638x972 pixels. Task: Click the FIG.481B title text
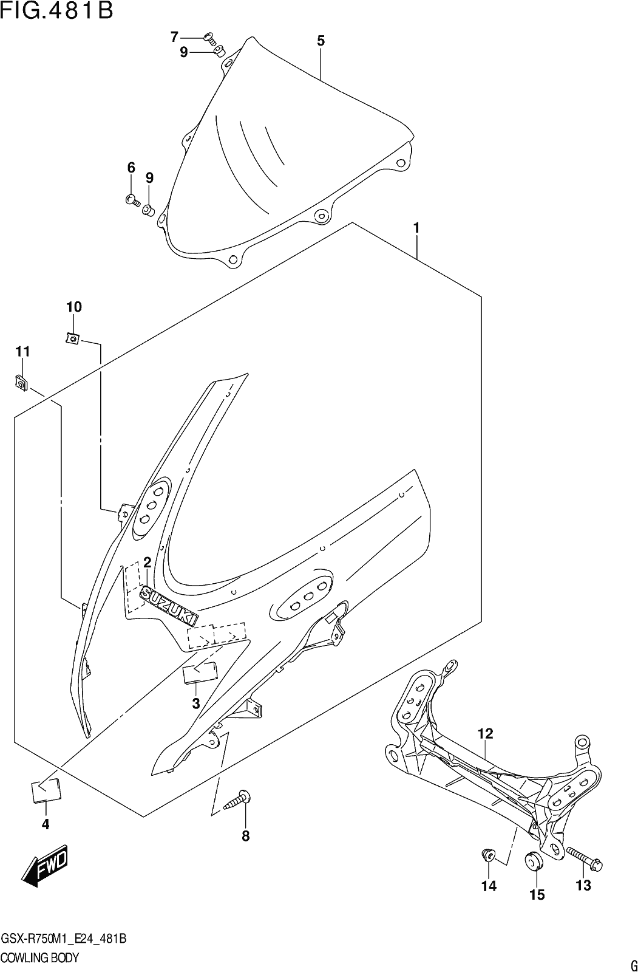point(57,12)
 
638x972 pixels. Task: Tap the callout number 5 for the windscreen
point(321,41)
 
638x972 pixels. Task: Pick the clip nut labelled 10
point(72,337)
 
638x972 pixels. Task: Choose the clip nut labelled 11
point(21,382)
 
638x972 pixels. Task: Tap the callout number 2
point(147,563)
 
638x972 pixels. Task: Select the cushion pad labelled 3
point(201,672)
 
